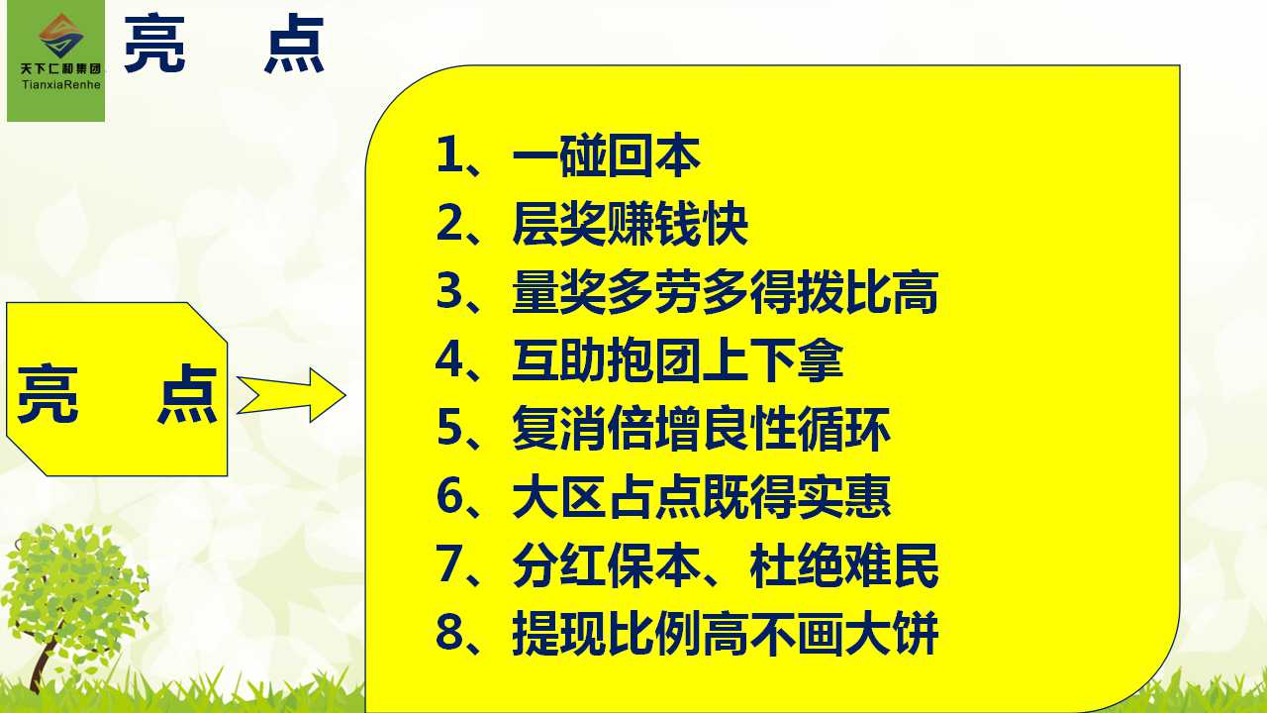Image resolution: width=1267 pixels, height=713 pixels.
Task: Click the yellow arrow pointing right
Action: tap(291, 395)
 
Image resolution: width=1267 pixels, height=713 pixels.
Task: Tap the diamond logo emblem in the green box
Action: tap(61, 35)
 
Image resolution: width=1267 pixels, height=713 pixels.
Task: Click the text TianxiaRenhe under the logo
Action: tap(61, 85)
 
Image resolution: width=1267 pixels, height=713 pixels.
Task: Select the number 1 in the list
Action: tap(448, 154)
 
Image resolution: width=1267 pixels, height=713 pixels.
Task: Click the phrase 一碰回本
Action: tap(607, 155)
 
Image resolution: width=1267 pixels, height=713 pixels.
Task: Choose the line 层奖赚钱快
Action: tap(631, 224)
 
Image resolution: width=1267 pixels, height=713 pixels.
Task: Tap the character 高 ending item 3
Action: tap(916, 292)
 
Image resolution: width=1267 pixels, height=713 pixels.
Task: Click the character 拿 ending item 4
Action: tap(821, 360)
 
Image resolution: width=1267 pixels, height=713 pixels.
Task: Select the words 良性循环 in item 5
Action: tap(797, 429)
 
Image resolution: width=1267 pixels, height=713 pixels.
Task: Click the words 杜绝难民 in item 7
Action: tap(844, 564)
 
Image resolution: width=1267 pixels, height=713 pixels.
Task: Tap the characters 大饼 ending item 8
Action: tap(892, 633)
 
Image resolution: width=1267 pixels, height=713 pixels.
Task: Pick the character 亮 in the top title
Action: tap(154, 44)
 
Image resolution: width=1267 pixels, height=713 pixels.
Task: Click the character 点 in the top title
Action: tap(295, 44)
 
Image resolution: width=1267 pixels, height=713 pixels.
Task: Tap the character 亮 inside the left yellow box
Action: tap(48, 394)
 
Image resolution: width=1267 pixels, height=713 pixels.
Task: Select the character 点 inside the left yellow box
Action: tap(187, 394)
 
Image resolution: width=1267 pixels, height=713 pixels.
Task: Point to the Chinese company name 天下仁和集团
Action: tap(60, 69)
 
